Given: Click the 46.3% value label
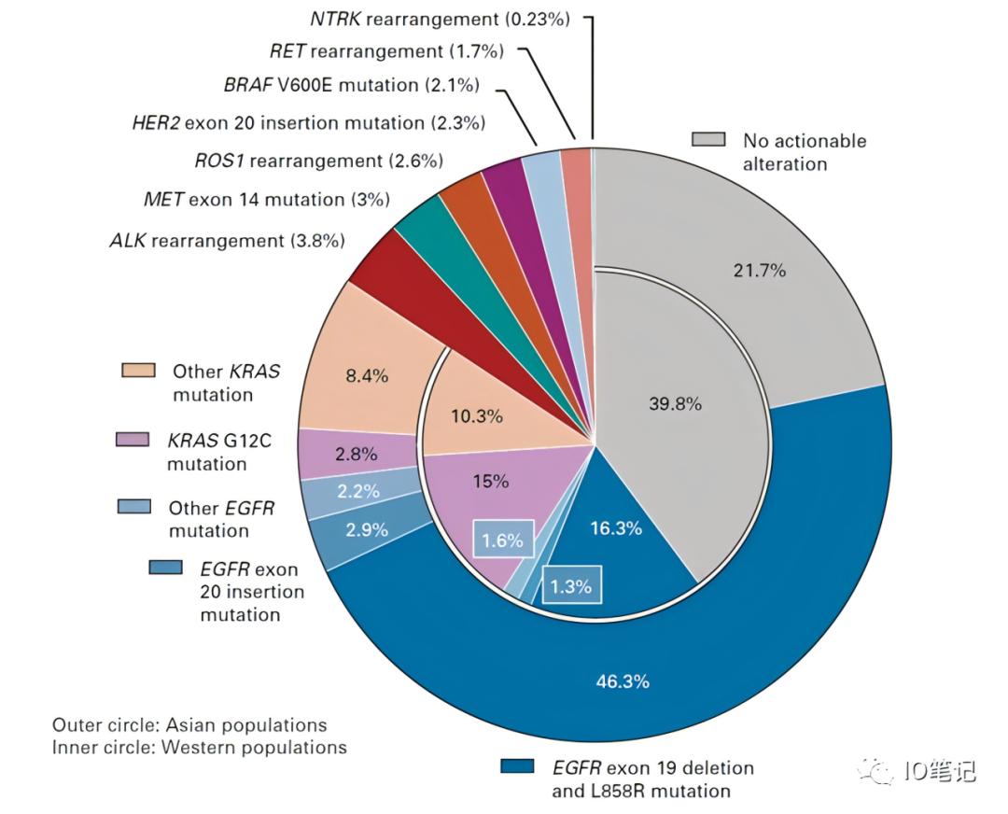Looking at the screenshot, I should tap(623, 681).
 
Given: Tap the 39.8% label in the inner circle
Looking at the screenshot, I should tap(675, 404).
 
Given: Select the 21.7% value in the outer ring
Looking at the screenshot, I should tap(760, 271).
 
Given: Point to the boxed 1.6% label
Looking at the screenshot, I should tap(502, 540).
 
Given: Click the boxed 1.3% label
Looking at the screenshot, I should tap(571, 587).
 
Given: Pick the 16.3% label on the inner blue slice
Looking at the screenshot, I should tap(616, 528).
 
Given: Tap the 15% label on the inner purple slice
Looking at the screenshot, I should tap(490, 482).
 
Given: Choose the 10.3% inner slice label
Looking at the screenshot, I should tap(477, 416).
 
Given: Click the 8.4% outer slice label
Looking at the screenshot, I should tap(367, 376).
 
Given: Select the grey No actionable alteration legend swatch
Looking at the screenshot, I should tap(708, 140).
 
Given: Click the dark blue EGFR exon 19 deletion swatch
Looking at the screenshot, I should tap(517, 766).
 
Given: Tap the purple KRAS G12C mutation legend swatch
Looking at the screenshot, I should tap(133, 439).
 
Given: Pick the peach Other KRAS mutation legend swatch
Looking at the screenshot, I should tap(138, 371).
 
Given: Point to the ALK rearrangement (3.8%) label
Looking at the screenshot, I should tap(227, 241).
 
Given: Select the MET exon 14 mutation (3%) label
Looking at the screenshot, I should tap(267, 200).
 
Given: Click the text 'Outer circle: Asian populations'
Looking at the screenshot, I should tap(189, 725).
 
